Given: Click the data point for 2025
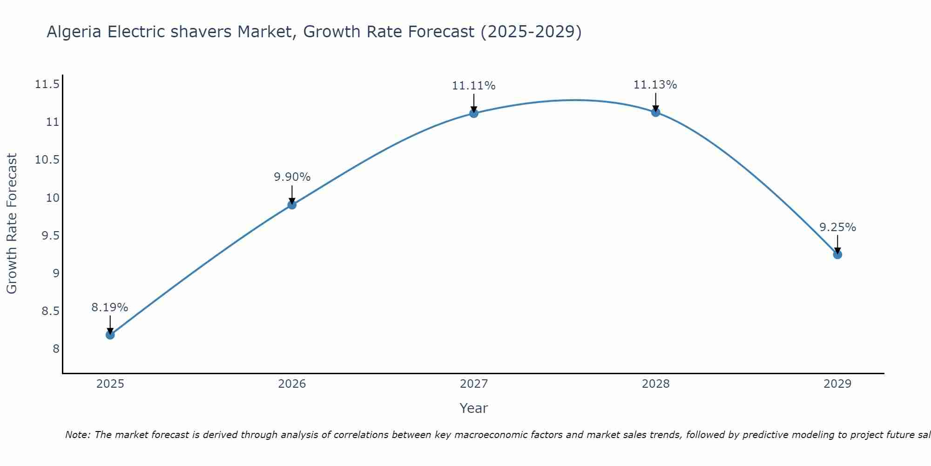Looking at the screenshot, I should pyautogui.click(x=110, y=335).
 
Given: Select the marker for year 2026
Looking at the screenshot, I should pyautogui.click(x=292, y=205).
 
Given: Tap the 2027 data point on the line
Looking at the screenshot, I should pyautogui.click(x=474, y=113).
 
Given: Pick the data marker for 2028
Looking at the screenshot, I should pyautogui.click(x=655, y=112).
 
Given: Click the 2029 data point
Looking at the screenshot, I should pyautogui.click(x=837, y=254).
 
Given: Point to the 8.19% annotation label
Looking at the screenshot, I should pyautogui.click(x=109, y=308).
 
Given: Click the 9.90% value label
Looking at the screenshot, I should pyautogui.click(x=292, y=177).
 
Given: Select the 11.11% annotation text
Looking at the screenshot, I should pyautogui.click(x=473, y=86).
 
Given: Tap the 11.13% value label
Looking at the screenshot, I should pyautogui.click(x=655, y=85).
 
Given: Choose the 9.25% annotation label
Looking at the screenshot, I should pyautogui.click(x=837, y=227).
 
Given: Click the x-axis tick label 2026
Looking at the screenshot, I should pyautogui.click(x=292, y=384).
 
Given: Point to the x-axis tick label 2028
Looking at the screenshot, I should pyautogui.click(x=655, y=384).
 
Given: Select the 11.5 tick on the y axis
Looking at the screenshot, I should pyautogui.click(x=47, y=84).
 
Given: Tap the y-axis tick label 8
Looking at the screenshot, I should pyautogui.click(x=56, y=349).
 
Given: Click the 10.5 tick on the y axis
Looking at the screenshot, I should pyautogui.click(x=47, y=160).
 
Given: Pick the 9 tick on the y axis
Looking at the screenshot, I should pyautogui.click(x=56, y=273).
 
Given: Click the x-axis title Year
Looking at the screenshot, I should pyautogui.click(x=473, y=408).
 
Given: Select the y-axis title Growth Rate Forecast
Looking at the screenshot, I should pyautogui.click(x=12, y=224).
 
